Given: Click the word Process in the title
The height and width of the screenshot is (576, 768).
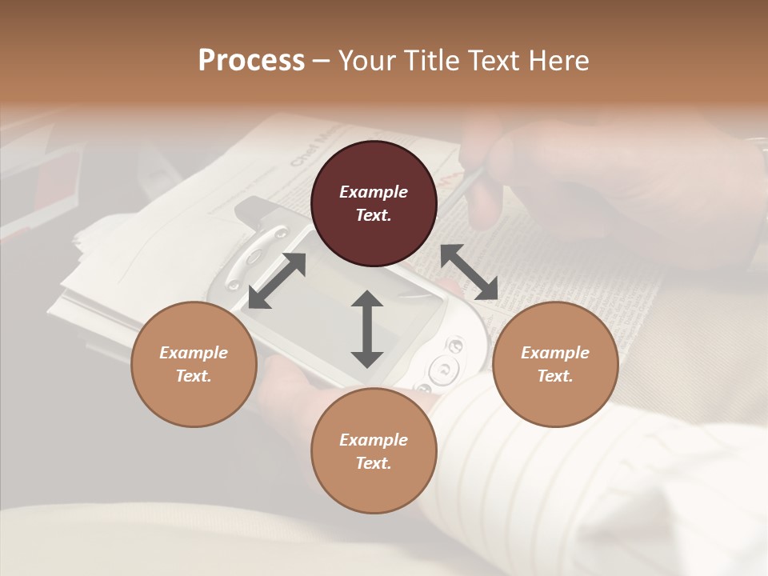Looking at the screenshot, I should point(251,61).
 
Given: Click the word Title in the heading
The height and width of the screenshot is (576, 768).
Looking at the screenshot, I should point(433,61).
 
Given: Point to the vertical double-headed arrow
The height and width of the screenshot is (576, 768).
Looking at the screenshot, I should point(367,329).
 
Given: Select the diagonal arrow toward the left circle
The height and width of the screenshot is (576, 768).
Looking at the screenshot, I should point(277,280).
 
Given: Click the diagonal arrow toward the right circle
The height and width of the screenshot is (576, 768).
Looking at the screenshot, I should point(469,272).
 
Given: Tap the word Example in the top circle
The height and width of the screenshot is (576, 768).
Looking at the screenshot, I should point(374,192).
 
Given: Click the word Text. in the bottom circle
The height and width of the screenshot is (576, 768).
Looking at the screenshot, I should point(374,463).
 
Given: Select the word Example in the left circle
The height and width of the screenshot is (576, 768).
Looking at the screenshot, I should point(194,353).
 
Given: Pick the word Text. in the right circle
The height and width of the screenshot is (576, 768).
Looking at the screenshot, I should point(555,376).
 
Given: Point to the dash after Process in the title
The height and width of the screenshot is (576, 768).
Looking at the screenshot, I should point(321,61).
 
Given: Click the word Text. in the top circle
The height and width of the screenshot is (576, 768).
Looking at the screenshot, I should point(374,215).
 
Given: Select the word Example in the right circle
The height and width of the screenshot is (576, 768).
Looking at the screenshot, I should point(555,353).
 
